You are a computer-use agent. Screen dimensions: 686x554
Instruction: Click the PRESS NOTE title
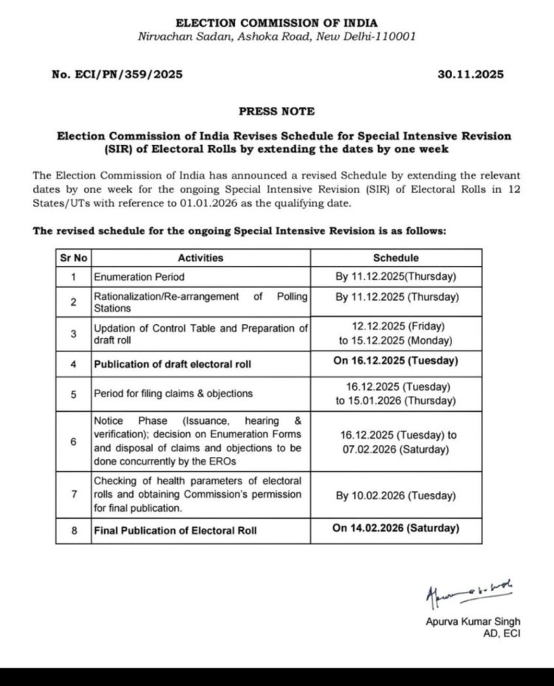[x=276, y=111]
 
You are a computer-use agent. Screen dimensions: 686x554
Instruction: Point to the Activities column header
[x=200, y=258]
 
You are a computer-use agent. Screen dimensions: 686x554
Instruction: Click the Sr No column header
[x=72, y=258]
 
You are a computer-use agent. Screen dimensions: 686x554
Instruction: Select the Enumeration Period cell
[x=138, y=277]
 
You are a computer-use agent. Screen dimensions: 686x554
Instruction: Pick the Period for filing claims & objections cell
[x=173, y=394]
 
